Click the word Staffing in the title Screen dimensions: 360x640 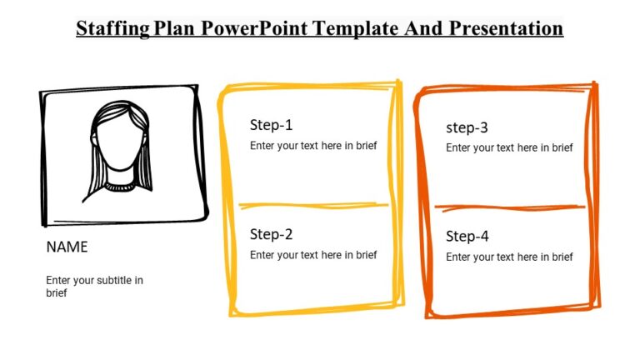112,29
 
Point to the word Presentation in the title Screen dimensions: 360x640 507,29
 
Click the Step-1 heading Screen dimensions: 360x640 271,126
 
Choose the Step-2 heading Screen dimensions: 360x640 271,235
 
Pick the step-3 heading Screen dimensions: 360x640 467,127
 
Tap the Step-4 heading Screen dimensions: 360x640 467,237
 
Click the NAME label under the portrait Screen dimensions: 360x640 67,247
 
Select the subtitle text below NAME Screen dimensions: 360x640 93,287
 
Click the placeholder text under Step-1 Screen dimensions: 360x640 313,146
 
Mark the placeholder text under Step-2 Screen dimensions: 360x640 313,255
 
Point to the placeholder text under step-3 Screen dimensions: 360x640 509,148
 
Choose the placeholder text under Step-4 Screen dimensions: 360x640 509,257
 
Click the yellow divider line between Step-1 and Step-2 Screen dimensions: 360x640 313,205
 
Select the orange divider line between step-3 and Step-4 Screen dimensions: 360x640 509,207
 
